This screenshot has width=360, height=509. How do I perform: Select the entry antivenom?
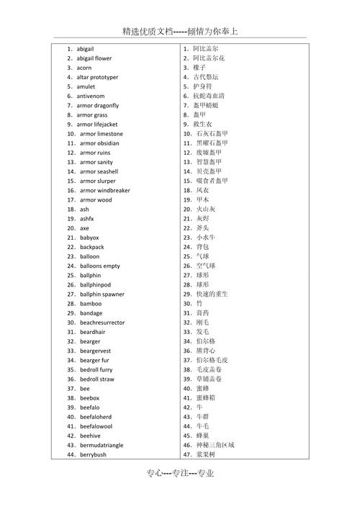click(91, 96)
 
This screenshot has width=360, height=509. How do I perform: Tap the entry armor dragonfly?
click(98, 106)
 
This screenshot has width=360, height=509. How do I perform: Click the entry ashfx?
click(87, 219)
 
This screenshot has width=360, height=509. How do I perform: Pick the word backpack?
click(92, 247)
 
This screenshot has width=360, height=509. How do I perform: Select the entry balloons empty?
click(100, 266)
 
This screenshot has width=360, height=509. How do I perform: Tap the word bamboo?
click(91, 304)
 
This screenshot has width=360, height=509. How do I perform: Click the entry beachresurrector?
click(102, 323)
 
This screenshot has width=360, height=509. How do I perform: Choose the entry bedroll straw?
click(97, 379)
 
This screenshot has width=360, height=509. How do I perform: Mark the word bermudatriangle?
click(102, 446)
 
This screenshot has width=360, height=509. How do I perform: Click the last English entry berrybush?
click(93, 455)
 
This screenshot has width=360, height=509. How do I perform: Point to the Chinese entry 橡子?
click(200, 68)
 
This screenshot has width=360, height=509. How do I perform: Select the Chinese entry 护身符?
click(204, 86)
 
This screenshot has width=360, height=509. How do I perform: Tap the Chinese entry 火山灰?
click(206, 210)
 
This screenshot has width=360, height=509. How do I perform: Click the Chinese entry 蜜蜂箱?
click(210, 398)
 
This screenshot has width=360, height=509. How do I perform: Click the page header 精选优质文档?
click(148, 32)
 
